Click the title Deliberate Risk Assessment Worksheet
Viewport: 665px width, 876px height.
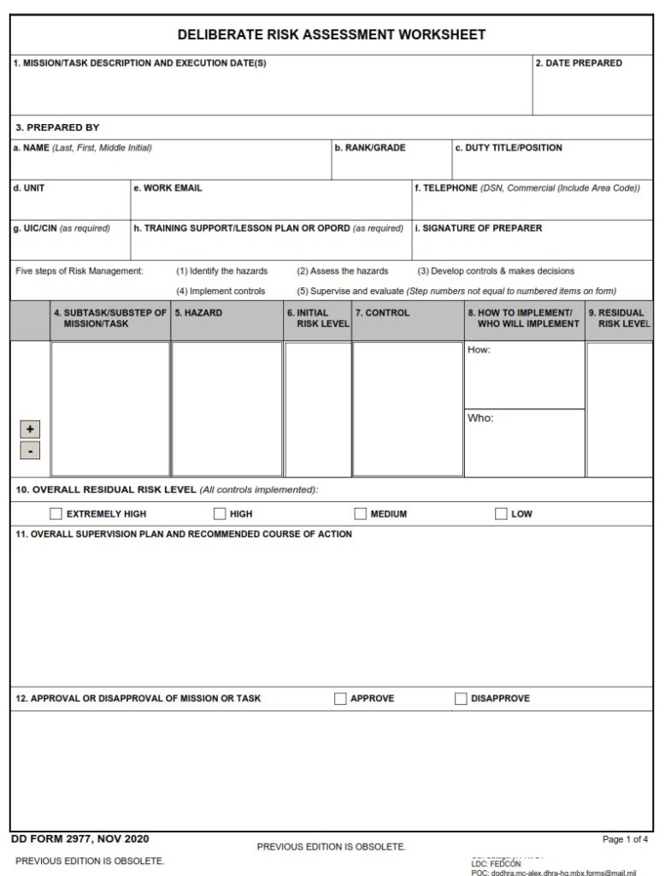(x=332, y=35)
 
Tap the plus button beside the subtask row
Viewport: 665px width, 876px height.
(x=30, y=429)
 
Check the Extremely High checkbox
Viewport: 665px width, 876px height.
(x=56, y=514)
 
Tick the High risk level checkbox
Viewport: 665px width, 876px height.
(x=220, y=514)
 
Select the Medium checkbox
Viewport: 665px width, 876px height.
(x=361, y=514)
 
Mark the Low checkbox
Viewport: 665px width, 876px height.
(x=501, y=514)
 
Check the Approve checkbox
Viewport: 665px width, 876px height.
(x=341, y=699)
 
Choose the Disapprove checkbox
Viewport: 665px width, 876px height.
(x=462, y=699)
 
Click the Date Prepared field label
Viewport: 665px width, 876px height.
(x=579, y=63)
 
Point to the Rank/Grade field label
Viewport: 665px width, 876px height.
(x=369, y=148)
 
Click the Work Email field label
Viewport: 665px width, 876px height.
(x=168, y=188)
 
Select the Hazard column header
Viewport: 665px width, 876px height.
(x=198, y=313)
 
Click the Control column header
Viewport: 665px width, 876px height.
(x=382, y=313)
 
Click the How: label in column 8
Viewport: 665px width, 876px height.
(x=479, y=351)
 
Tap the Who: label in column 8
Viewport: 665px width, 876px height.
(x=480, y=418)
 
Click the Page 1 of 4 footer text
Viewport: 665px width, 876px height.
(x=625, y=839)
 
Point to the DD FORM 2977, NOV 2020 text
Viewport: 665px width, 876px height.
(x=79, y=839)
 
